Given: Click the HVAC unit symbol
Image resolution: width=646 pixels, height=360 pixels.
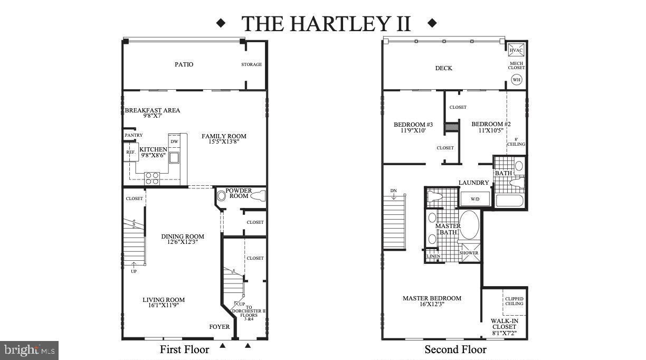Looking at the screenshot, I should coord(516,50).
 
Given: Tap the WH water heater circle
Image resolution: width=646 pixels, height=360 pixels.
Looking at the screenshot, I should coord(516,80).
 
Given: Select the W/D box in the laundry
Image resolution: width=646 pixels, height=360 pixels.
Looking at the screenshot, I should coord(474,200).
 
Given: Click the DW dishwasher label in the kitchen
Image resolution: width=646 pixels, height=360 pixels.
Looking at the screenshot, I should coord(174,141).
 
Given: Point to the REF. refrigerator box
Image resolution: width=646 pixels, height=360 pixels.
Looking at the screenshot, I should coord(131,152).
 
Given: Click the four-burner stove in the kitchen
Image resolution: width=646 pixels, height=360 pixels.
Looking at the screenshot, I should coord(152,178).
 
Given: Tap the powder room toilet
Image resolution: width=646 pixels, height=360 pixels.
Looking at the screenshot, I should coord(257,196).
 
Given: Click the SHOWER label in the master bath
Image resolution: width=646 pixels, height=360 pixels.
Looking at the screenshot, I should coord(469,253).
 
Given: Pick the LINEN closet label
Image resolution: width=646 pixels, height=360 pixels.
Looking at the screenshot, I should coord(433,257).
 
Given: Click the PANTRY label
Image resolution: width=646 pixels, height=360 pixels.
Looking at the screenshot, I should coord(134,135).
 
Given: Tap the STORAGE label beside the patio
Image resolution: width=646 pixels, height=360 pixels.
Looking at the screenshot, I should coord(252,64).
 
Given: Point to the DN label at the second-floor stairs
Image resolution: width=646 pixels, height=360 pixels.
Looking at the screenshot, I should coord(394,190).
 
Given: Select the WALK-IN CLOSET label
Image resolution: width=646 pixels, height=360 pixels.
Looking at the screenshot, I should coord(504,324).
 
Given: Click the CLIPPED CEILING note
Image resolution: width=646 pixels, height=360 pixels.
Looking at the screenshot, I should coord(514,301).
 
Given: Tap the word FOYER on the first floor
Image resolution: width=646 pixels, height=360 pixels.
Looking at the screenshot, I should coord(220,327).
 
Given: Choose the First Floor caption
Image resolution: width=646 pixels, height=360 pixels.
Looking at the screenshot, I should coord(185,349).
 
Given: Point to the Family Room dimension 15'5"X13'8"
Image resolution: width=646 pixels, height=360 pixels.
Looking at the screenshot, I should coord(224,143).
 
